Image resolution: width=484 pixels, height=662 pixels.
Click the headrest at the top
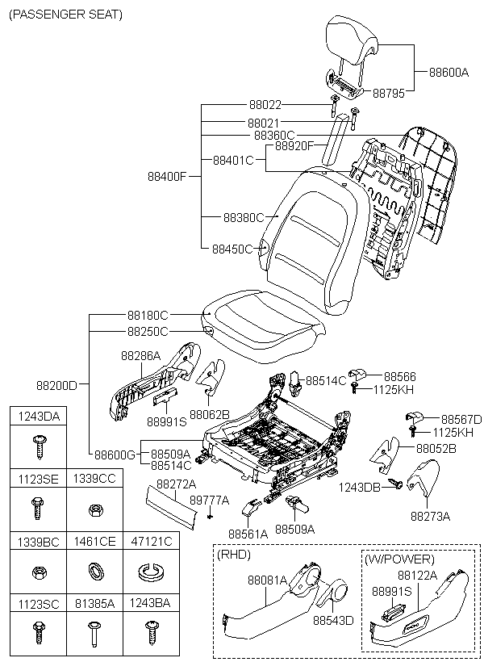tap(351, 40)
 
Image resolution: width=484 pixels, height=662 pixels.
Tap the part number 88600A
tap(449, 72)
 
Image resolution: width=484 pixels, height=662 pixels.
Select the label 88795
tap(390, 94)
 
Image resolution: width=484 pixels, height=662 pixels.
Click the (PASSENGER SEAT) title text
tap(65, 15)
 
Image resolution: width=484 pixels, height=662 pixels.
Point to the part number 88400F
tap(167, 175)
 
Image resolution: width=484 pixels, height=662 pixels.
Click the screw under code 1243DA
tap(38, 442)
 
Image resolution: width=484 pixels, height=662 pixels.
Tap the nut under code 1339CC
tap(94, 509)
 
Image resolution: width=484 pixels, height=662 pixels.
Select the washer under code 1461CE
tap(94, 572)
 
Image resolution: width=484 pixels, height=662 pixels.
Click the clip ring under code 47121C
tap(148, 572)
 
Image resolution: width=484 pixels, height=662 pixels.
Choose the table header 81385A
tap(94, 603)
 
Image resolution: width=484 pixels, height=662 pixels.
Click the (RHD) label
tap(234, 555)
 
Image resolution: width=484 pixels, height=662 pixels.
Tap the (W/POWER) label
tap(398, 559)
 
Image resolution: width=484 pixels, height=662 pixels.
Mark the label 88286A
tap(141, 355)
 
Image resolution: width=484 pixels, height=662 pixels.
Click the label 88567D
tap(461, 419)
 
